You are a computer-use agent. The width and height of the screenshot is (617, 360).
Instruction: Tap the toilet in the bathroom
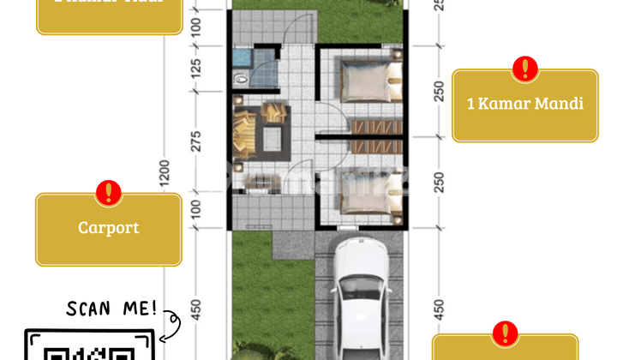pyautogui.click(x=242, y=78)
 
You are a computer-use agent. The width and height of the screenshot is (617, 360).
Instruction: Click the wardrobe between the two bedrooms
pyautogui.click(x=375, y=127)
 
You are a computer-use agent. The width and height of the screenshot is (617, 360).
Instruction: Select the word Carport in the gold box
pyautogui.click(x=108, y=228)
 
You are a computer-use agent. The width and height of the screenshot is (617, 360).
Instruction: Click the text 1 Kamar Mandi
pyautogui.click(x=524, y=104)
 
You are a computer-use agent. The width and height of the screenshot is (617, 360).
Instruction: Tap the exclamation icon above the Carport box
pyautogui.click(x=108, y=193)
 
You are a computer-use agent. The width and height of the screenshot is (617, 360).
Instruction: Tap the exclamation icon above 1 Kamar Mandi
pyautogui.click(x=524, y=69)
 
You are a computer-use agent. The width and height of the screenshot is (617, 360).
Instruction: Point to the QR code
pyautogui.click(x=91, y=350)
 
